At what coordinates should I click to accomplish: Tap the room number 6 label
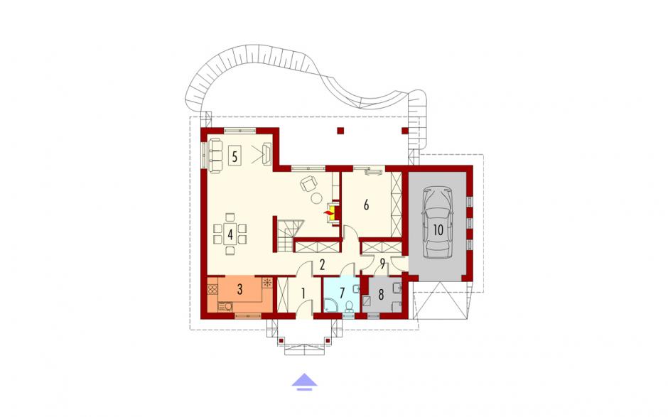366,205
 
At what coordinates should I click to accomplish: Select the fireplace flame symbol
329,211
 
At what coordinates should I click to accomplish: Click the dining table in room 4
230,234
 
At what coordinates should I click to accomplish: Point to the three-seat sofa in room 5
215,156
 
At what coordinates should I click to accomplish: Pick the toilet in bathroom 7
349,307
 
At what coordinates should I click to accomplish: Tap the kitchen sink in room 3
225,306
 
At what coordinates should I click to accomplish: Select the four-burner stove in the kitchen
212,289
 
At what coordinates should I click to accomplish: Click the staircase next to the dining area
288,235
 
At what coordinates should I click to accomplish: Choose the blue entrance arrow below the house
305,381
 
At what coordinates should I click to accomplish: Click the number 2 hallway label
323,265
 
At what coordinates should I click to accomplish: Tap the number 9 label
382,265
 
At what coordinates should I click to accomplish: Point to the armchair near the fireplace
308,183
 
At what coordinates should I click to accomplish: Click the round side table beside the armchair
317,198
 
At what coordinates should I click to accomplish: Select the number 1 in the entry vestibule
303,293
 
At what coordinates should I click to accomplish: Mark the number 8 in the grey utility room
381,294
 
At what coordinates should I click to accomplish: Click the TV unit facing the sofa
267,154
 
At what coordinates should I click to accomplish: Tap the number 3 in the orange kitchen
240,290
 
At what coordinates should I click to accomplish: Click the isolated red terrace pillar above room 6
340,130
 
